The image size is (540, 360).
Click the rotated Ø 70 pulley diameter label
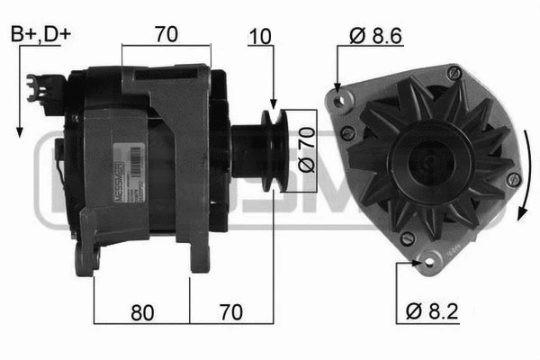303,152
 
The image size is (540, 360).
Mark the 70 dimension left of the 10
166,35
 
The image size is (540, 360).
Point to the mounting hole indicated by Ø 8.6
339,98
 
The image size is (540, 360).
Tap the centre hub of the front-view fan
426,160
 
